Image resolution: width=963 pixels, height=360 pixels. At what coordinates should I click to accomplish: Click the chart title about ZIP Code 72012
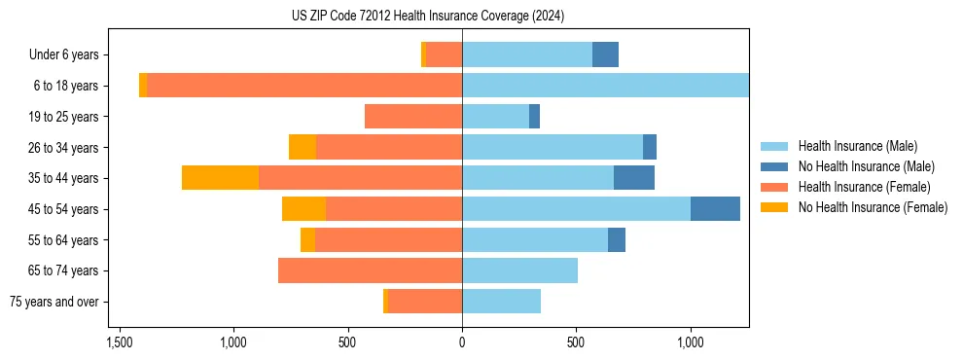428,16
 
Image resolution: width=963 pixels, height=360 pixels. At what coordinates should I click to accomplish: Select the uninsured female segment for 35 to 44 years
220,178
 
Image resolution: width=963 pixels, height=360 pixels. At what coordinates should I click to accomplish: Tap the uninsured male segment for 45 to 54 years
715,208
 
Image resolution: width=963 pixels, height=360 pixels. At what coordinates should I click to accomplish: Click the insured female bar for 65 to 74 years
370,270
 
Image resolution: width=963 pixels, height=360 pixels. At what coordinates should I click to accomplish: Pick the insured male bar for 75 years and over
501,302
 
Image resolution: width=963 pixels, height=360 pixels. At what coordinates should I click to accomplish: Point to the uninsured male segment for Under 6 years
605,55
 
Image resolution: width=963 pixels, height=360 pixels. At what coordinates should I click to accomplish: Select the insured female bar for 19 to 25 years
413,117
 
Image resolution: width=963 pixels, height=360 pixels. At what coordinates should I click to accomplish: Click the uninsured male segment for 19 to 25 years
534,117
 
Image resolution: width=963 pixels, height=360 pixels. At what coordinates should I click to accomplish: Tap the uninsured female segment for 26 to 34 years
303,147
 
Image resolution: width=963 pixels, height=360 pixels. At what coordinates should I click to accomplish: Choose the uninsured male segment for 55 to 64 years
617,239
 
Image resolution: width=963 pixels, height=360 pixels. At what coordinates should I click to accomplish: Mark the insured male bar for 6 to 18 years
605,86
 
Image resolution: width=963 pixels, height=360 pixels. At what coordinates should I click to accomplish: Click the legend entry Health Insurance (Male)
857,146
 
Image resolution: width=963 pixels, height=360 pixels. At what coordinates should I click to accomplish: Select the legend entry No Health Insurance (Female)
873,207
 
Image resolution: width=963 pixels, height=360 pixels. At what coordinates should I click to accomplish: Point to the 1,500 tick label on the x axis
120,343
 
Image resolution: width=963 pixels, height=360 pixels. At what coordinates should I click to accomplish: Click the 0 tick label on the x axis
462,343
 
